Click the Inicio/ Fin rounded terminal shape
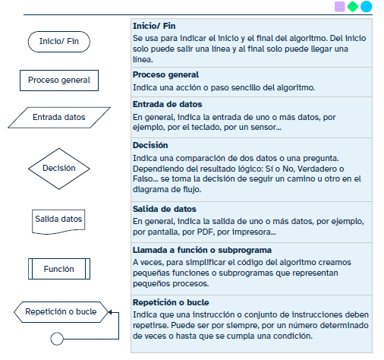coord(58,41)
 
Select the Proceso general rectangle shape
coord(58,80)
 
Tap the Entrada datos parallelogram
coord(58,118)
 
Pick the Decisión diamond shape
coord(58,169)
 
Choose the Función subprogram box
coord(58,269)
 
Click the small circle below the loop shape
coord(56,337)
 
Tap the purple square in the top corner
coord(339,7)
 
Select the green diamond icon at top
coord(353,7)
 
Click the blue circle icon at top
coord(367,7)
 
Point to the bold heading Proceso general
coord(165,74)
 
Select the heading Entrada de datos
coord(166,104)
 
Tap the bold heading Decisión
coord(150,144)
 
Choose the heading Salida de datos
coord(164,208)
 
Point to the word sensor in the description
coord(263,128)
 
